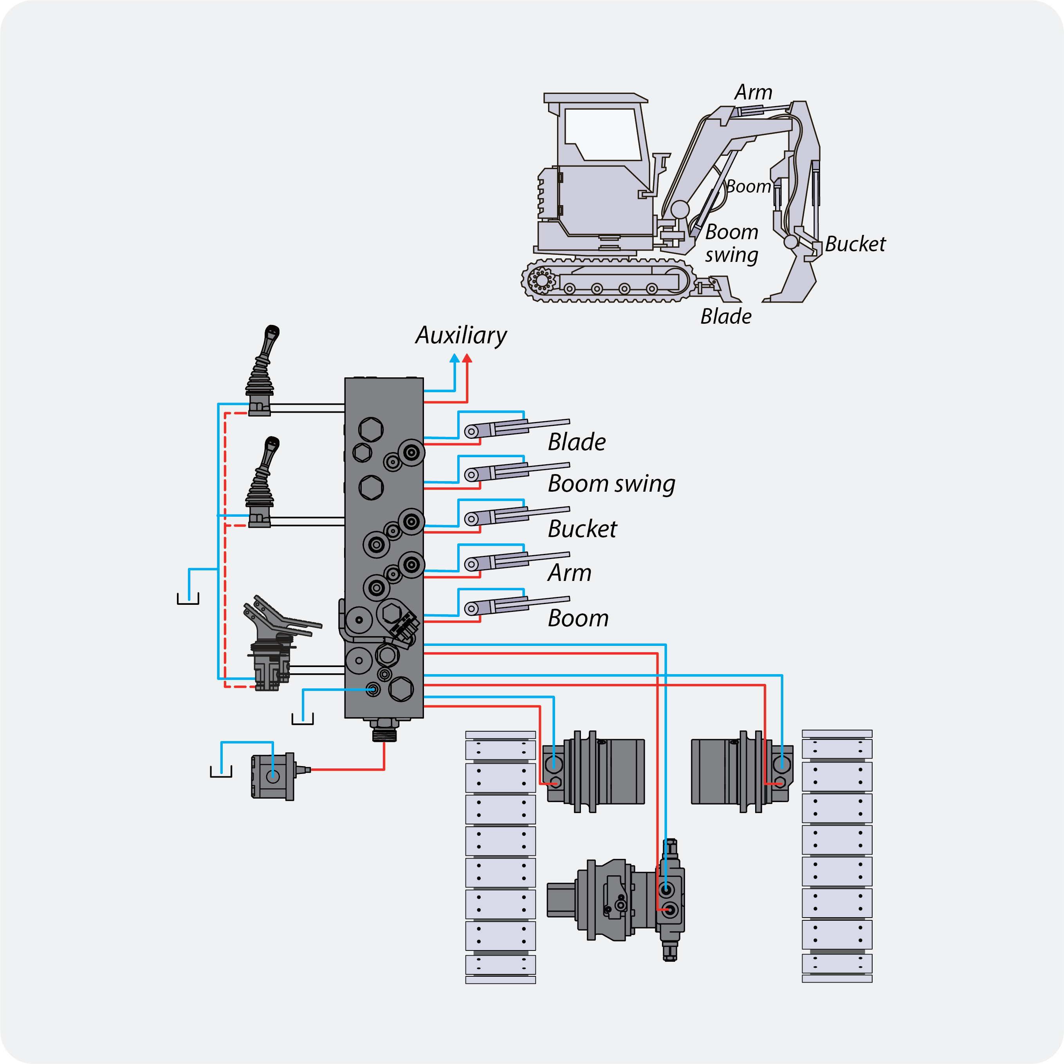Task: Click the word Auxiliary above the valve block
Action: pos(461,335)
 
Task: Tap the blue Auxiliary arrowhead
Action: pos(454,358)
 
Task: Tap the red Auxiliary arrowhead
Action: pos(467,358)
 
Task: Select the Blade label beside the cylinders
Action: pos(577,442)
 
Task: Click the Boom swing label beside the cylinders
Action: pos(611,484)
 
